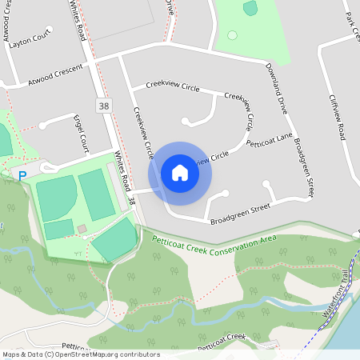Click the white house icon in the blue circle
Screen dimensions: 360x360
coord(180,172)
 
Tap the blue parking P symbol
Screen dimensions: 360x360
coord(22,175)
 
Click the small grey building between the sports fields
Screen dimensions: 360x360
coord(82,230)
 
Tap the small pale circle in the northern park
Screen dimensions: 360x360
coord(232,35)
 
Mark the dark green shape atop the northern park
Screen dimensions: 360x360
coord(250,8)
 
